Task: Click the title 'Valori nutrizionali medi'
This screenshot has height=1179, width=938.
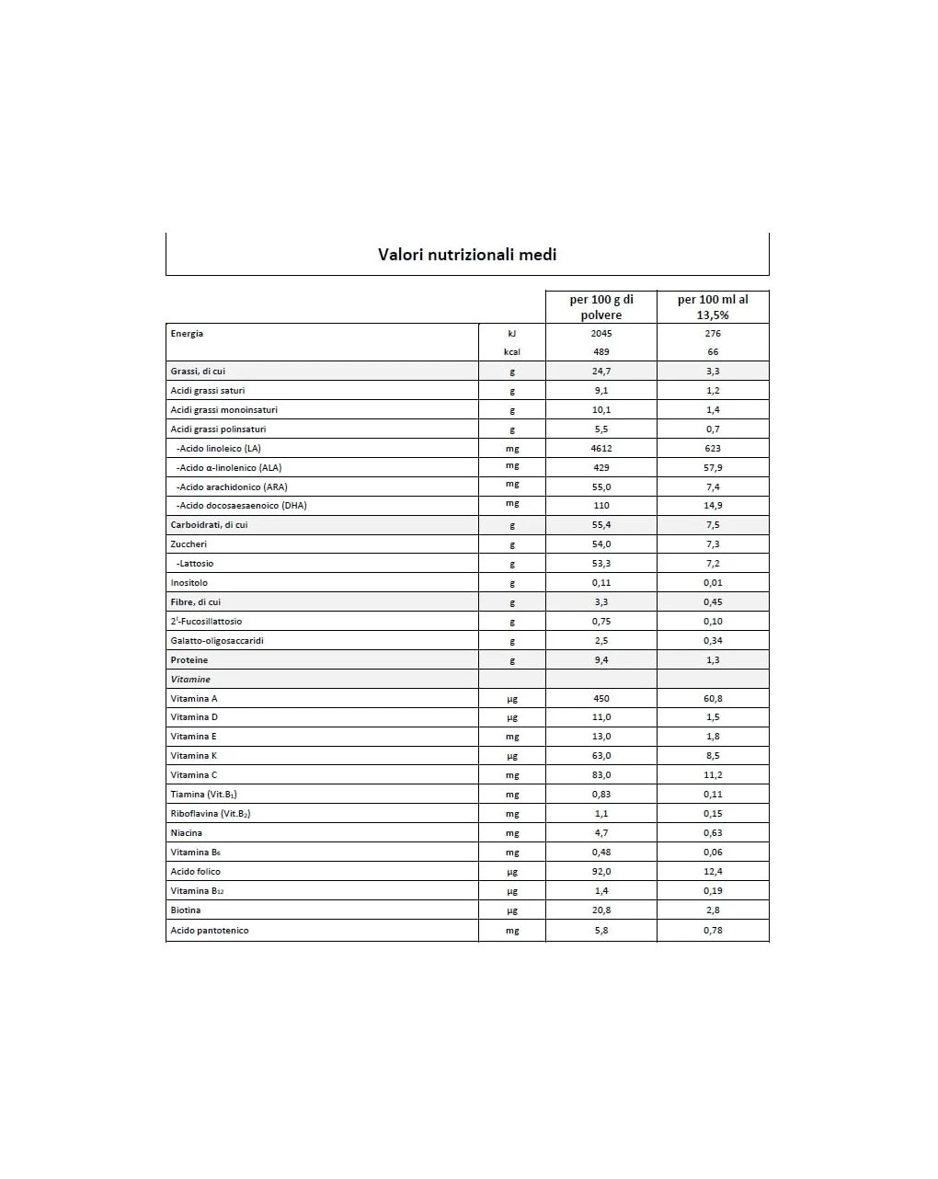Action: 467,255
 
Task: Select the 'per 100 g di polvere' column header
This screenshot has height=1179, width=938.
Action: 601,307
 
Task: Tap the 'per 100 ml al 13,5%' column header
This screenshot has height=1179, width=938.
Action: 713,307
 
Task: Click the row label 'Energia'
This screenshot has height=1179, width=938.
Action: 187,334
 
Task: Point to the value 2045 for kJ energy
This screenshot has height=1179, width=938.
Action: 601,334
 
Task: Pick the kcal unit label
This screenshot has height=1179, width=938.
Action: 512,352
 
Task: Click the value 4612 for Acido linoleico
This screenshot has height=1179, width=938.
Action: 601,449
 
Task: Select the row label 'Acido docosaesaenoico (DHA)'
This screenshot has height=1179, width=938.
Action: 242,506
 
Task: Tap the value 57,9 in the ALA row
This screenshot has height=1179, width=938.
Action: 713,468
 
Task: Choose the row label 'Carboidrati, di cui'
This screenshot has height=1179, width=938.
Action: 209,525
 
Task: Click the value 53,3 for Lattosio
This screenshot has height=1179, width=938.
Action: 601,564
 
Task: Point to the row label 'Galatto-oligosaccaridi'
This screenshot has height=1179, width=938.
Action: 217,641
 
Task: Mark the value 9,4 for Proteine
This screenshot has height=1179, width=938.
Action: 601,660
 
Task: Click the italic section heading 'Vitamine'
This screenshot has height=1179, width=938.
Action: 190,680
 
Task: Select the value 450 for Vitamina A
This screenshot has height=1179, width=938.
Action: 601,699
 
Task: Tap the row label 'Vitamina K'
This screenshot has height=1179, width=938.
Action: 194,756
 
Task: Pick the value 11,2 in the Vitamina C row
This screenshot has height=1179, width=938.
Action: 713,775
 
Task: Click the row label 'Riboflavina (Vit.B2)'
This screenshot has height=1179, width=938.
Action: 211,814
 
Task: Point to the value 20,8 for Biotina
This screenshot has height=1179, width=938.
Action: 601,910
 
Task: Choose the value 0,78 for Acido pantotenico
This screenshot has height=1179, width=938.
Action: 713,931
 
